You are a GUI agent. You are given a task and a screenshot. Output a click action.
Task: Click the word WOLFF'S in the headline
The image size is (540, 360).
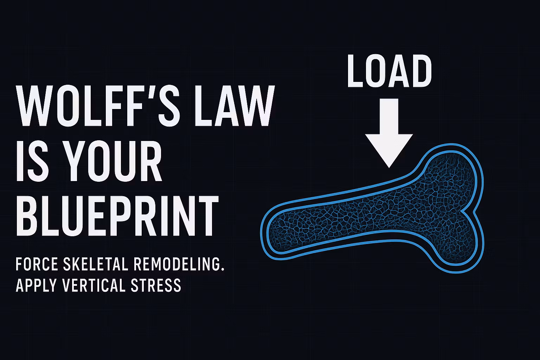tap(98, 105)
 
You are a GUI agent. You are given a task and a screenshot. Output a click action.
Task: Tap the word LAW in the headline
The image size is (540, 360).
tap(234, 105)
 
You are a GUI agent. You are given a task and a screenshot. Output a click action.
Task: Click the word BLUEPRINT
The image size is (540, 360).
tap(117, 216)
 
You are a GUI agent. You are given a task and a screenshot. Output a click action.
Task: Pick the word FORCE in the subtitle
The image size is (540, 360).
tap(37, 264)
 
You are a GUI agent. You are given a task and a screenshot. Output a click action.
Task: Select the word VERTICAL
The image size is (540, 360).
tap(94, 285)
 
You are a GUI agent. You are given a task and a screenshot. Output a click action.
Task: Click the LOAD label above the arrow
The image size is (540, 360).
tap(389, 71)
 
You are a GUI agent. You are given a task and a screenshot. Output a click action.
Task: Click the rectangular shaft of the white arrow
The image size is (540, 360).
tap(389, 116)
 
